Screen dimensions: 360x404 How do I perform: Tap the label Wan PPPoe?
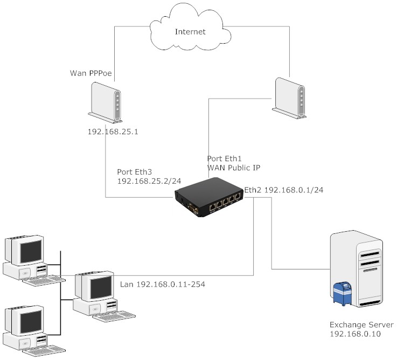pos(92,73)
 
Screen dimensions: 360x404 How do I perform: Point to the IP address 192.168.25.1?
pos(113,131)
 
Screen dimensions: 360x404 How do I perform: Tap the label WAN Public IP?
pos(234,168)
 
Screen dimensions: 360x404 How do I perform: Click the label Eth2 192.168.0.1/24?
pos(284,190)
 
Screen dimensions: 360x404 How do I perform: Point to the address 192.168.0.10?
pos(355,334)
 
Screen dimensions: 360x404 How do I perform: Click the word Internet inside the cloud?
pos(190,32)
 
